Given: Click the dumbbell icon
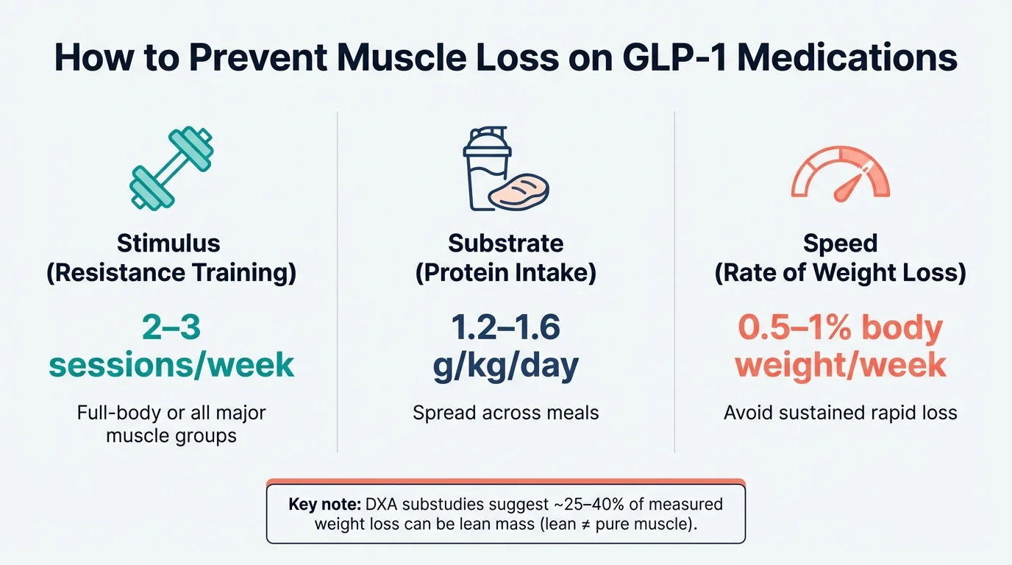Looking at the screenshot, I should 171,169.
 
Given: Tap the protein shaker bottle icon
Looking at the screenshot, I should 487,169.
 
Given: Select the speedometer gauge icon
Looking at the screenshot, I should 840,174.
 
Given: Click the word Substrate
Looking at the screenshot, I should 505,243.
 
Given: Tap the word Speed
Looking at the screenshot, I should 840,243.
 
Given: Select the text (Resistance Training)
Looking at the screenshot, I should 171,273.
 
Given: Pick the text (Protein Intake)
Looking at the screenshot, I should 505,273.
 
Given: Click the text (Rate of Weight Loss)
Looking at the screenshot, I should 840,273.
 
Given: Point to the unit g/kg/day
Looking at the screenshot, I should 505,365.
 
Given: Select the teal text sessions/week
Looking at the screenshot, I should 171,365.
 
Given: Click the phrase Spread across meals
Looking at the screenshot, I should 505,413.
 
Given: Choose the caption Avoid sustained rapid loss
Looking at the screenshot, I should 840,413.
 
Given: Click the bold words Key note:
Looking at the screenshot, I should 321,505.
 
